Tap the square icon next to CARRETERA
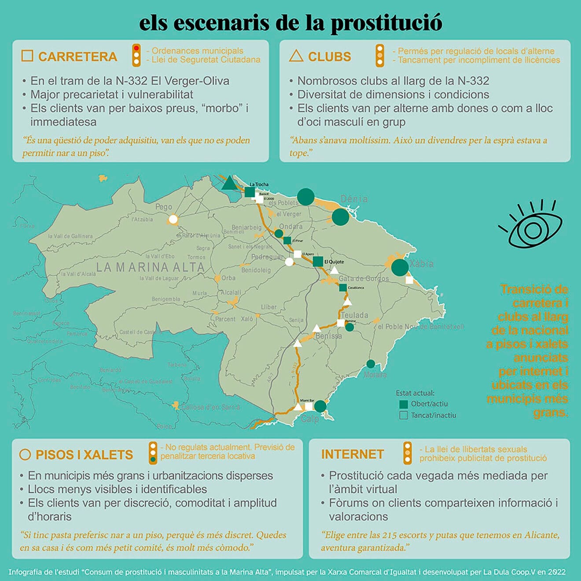pyautogui.click(x=27, y=56)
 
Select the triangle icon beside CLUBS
pyautogui.click(x=296, y=56)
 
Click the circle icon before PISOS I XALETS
pyautogui.click(x=25, y=455)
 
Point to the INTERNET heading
pyautogui.click(x=352, y=454)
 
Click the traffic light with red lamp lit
pyautogui.click(x=136, y=55)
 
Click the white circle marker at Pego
pyautogui.click(x=173, y=219)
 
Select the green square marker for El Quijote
pyautogui.click(x=318, y=261)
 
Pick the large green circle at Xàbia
pyautogui.click(x=400, y=267)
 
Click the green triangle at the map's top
pyautogui.click(x=229, y=183)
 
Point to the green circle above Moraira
pyautogui.click(x=371, y=364)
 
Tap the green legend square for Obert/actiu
pyautogui.click(x=403, y=404)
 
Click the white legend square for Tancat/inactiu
pyautogui.click(x=403, y=415)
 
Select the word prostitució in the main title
pyautogui.click(x=386, y=23)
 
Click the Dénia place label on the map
pyautogui.click(x=354, y=199)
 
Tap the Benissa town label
pyautogui.click(x=328, y=336)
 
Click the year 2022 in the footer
pyautogui.click(x=556, y=572)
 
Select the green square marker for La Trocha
pyautogui.click(x=250, y=192)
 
